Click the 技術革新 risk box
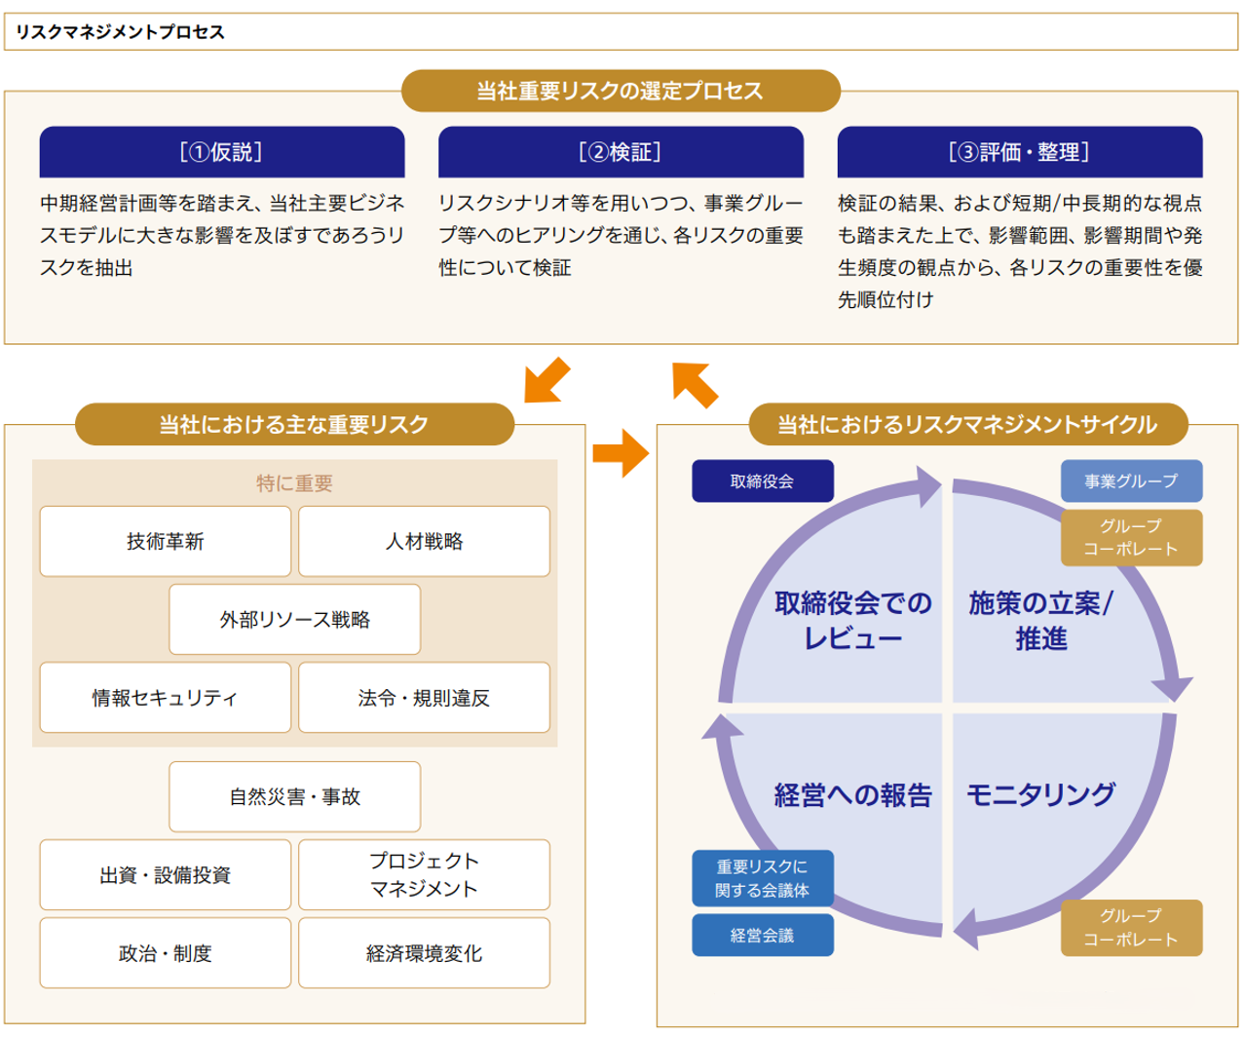[166, 541]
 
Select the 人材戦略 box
[424, 541]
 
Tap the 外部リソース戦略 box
[294, 619]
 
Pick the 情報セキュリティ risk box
[166, 698]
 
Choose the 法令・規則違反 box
[424, 698]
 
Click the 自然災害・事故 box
[294, 796]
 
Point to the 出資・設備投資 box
[166, 875]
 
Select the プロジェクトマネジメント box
[424, 875]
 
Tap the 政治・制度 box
[166, 953]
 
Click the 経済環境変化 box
[424, 953]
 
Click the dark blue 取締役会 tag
[762, 481]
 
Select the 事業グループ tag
[1131, 481]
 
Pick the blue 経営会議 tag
[762, 936]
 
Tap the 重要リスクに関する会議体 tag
[762, 878]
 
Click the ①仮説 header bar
[222, 152]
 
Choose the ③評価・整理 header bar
[1019, 152]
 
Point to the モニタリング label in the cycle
[1040, 795]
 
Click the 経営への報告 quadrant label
[852, 795]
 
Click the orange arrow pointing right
[621, 452]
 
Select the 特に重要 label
[294, 483]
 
